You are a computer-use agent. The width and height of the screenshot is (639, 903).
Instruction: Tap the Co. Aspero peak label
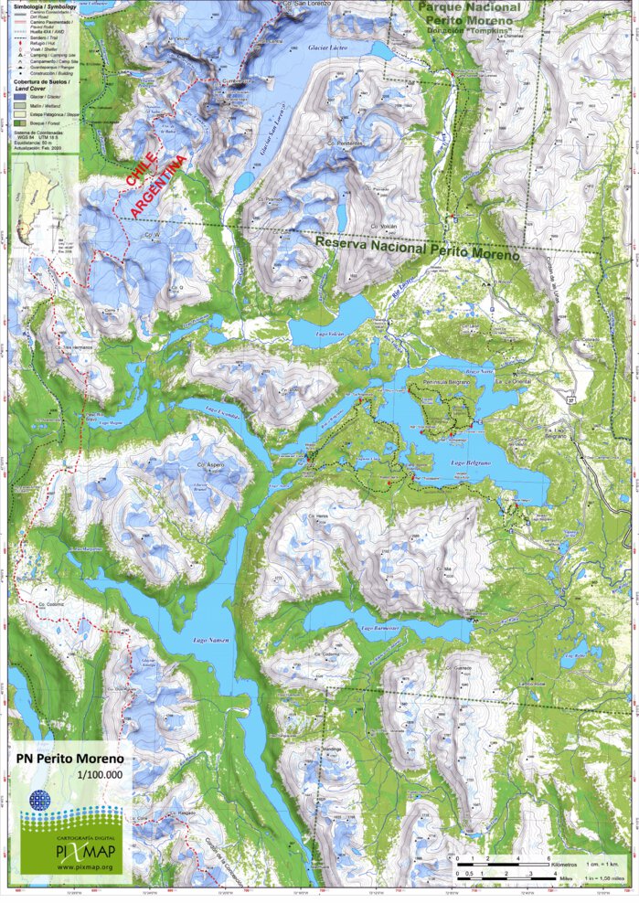[x=209, y=464]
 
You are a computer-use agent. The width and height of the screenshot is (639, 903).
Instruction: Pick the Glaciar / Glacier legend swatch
[x=19, y=95]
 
